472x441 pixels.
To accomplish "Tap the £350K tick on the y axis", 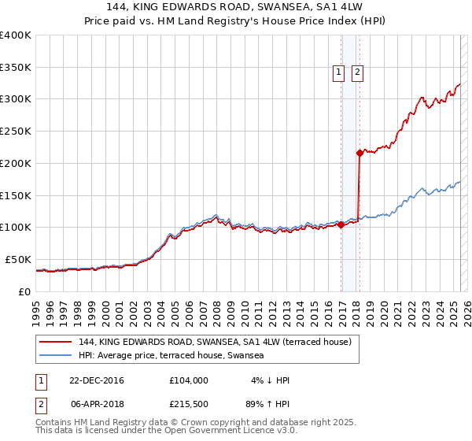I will click(x=16, y=68).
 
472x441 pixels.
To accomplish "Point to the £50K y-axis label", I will click(x=18, y=259).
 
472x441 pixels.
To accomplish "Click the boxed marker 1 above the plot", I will click(x=339, y=72).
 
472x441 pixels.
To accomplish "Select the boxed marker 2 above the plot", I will click(x=357, y=72).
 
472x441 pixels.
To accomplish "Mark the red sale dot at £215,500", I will click(x=360, y=153).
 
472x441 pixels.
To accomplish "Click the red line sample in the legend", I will click(x=54, y=342).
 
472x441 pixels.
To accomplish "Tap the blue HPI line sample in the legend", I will click(x=54, y=356).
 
